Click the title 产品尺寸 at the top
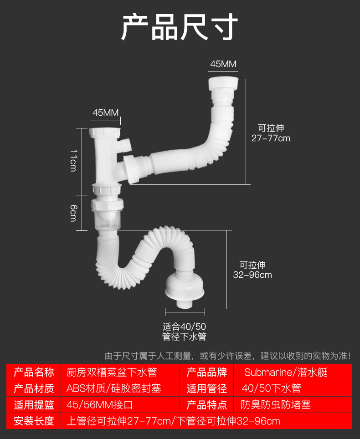(180, 27)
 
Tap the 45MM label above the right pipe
(223, 64)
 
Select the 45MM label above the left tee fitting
(105, 112)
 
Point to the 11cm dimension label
(73, 160)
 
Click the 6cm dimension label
(73, 213)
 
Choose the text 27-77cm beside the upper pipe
(271, 138)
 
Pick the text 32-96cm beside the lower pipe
(252, 275)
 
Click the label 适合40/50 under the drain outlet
(184, 327)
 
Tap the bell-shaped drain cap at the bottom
(185, 288)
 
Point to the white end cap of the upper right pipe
(223, 84)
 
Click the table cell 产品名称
(34, 373)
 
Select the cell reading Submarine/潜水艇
(286, 373)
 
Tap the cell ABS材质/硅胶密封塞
(113, 388)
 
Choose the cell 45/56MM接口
(99, 405)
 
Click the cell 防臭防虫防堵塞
(276, 405)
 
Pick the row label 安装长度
(34, 421)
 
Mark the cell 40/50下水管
(271, 388)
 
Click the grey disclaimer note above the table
(228, 356)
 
